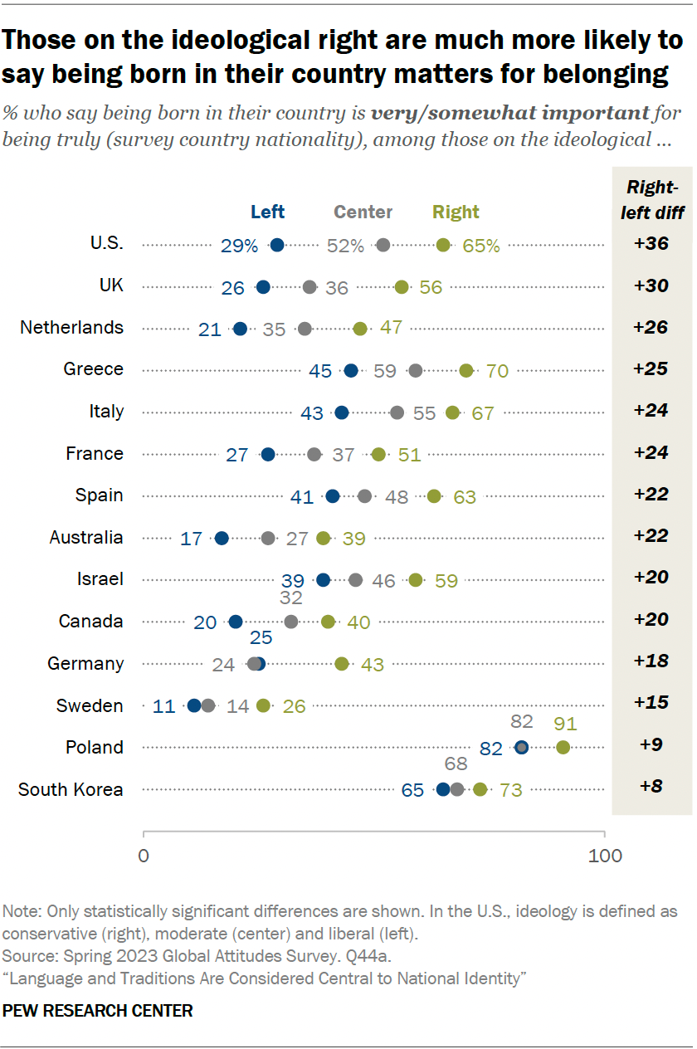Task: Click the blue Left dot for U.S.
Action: (x=277, y=245)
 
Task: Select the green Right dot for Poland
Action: (x=563, y=747)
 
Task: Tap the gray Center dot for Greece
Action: (x=416, y=370)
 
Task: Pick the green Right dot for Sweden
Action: (x=263, y=705)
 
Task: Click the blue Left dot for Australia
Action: (x=222, y=538)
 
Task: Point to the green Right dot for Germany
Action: (x=342, y=663)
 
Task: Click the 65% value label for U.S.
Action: (x=482, y=246)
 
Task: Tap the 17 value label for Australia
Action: (x=192, y=539)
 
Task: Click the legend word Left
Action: (x=267, y=212)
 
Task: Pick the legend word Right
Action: (x=456, y=212)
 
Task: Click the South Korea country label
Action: (x=71, y=788)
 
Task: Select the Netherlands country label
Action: (x=71, y=327)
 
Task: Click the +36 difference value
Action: (x=651, y=244)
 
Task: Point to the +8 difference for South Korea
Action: (x=651, y=785)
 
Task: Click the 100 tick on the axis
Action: (x=604, y=856)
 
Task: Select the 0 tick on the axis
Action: (x=144, y=856)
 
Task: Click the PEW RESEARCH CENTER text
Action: (x=98, y=1011)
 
